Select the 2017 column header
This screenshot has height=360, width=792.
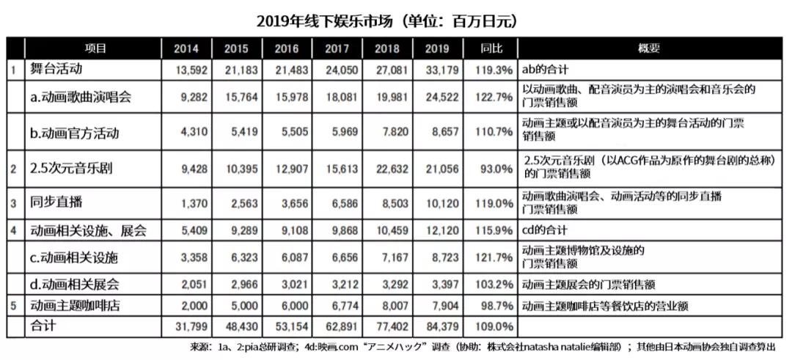[337, 48]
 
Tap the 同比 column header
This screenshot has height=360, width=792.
[491, 48]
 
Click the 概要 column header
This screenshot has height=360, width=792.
[649, 48]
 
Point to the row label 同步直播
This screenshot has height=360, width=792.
[57, 202]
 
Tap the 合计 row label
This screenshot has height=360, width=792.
[43, 325]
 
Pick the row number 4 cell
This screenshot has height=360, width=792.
[14, 230]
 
